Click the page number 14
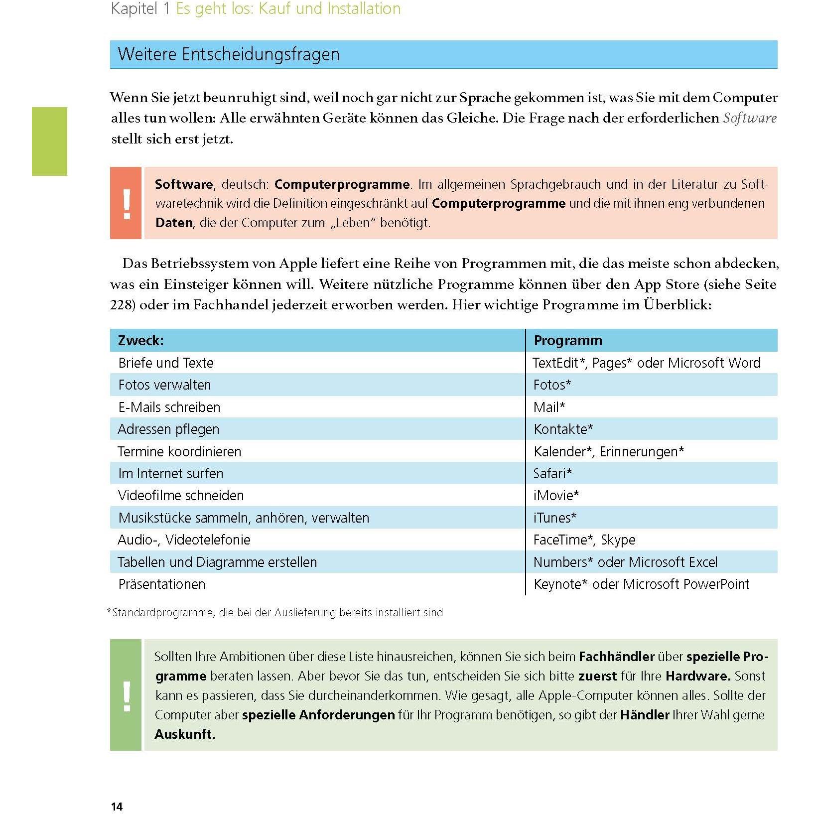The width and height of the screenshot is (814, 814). point(117,807)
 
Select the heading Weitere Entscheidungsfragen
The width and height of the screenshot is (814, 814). point(228,54)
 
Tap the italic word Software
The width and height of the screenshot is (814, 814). point(749,118)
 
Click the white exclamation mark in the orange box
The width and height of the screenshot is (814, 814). point(127,203)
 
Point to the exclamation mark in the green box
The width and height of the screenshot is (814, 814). point(127,695)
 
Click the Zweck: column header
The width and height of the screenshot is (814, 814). point(141,341)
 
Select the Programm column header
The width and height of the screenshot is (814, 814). point(568,341)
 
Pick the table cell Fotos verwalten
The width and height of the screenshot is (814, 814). point(164,385)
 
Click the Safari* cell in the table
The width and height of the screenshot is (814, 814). point(552,473)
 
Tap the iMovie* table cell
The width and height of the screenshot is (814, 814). point(556,496)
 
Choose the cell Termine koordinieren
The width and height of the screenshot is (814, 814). point(179,452)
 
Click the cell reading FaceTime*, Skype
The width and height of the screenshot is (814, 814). point(584,540)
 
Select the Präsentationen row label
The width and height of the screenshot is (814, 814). point(162,584)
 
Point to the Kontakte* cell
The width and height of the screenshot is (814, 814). point(563,429)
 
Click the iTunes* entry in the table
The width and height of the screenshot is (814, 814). point(554,518)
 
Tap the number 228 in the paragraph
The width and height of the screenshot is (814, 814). point(121,305)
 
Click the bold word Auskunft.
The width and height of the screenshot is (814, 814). point(185,734)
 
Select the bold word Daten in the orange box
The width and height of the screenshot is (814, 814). point(174,223)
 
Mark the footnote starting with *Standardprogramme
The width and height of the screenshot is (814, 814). point(275,613)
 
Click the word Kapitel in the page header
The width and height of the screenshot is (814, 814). point(134,9)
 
